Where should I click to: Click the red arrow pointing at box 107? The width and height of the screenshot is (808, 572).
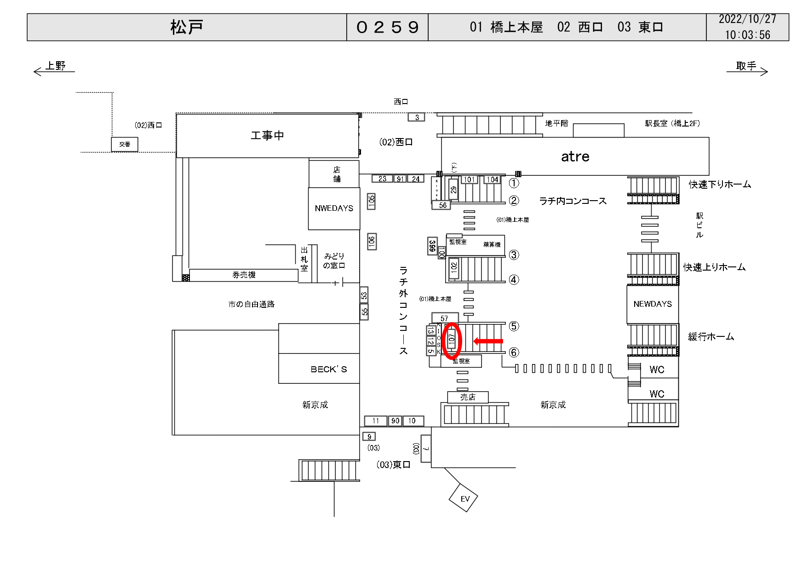488,341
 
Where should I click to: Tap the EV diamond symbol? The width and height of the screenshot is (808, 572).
464,498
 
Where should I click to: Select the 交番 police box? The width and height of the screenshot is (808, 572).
125,144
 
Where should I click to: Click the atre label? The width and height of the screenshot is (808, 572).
575,156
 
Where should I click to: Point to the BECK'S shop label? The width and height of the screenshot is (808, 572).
328,369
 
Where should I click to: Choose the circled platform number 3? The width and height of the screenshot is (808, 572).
514,254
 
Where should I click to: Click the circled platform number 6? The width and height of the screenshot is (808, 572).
514,352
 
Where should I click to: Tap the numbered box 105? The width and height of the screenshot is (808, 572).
371,201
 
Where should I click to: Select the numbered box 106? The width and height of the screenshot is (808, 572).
372,241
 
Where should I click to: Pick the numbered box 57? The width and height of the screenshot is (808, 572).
444,318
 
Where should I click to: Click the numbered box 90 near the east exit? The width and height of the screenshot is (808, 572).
395,421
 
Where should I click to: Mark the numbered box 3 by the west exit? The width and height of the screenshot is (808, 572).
417,117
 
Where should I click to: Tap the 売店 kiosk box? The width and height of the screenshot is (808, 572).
468,397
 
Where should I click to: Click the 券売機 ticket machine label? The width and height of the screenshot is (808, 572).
244,275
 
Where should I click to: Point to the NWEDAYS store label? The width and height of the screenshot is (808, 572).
334,208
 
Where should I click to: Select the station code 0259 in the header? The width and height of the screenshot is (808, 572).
387,27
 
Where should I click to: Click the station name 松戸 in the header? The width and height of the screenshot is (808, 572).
187,27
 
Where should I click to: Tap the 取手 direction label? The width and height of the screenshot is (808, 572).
746,66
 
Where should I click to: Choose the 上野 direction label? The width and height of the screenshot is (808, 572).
56,66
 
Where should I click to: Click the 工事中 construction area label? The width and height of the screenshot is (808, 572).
267,135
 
